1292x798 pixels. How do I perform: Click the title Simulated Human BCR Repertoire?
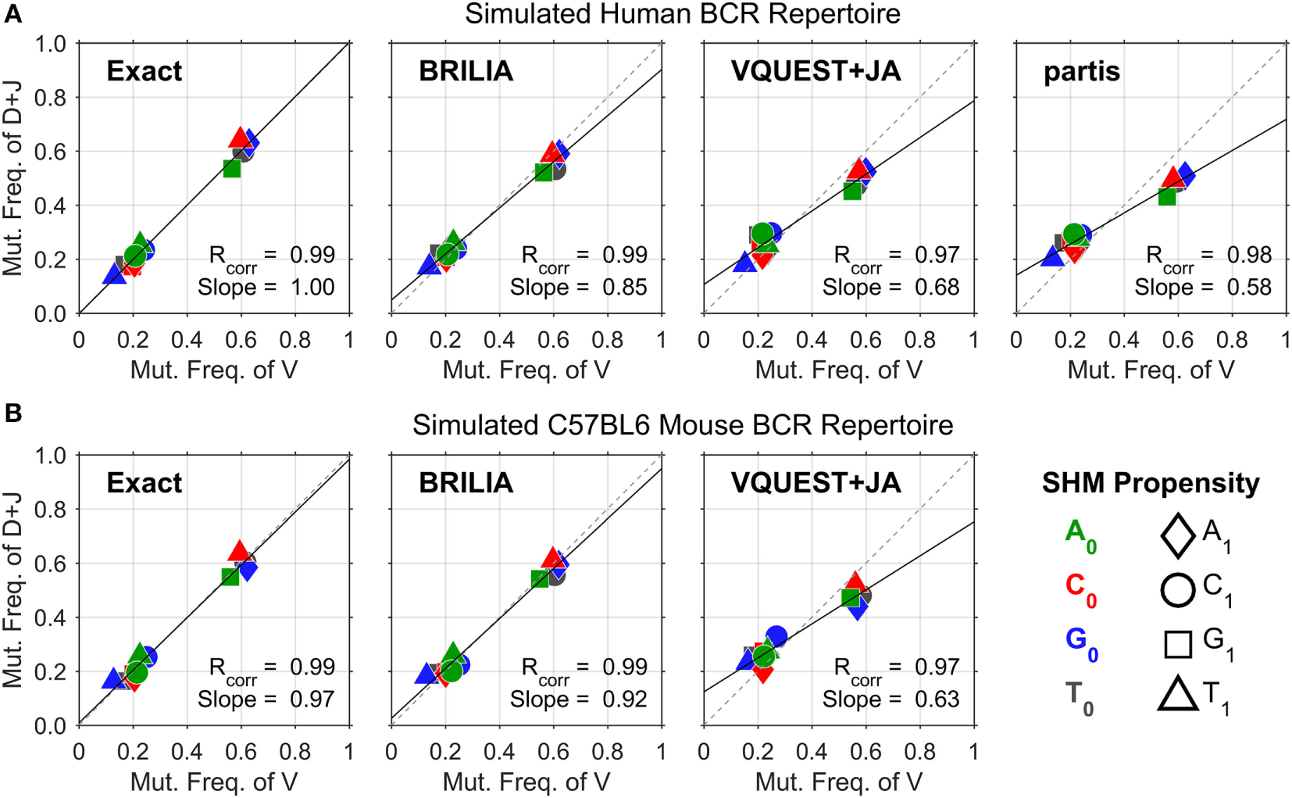[682, 14]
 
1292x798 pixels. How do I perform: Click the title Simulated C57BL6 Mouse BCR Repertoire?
[682, 425]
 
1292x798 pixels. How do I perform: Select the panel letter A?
[12, 13]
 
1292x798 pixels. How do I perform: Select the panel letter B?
[12, 413]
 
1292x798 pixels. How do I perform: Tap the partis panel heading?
[1081, 72]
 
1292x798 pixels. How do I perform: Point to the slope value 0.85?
[624, 288]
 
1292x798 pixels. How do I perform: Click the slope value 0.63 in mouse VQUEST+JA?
[937, 700]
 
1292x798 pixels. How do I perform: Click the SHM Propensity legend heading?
[1150, 484]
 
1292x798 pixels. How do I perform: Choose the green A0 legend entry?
[1080, 536]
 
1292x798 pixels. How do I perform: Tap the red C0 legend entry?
[1080, 590]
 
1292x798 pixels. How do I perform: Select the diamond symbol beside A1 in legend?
[1177, 536]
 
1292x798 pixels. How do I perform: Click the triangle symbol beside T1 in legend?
[1177, 694]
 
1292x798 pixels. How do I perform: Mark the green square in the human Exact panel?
[231, 168]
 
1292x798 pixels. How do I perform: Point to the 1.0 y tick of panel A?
[50, 44]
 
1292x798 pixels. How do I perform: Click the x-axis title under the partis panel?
[1151, 370]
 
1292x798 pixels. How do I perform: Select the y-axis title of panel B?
[12, 590]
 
